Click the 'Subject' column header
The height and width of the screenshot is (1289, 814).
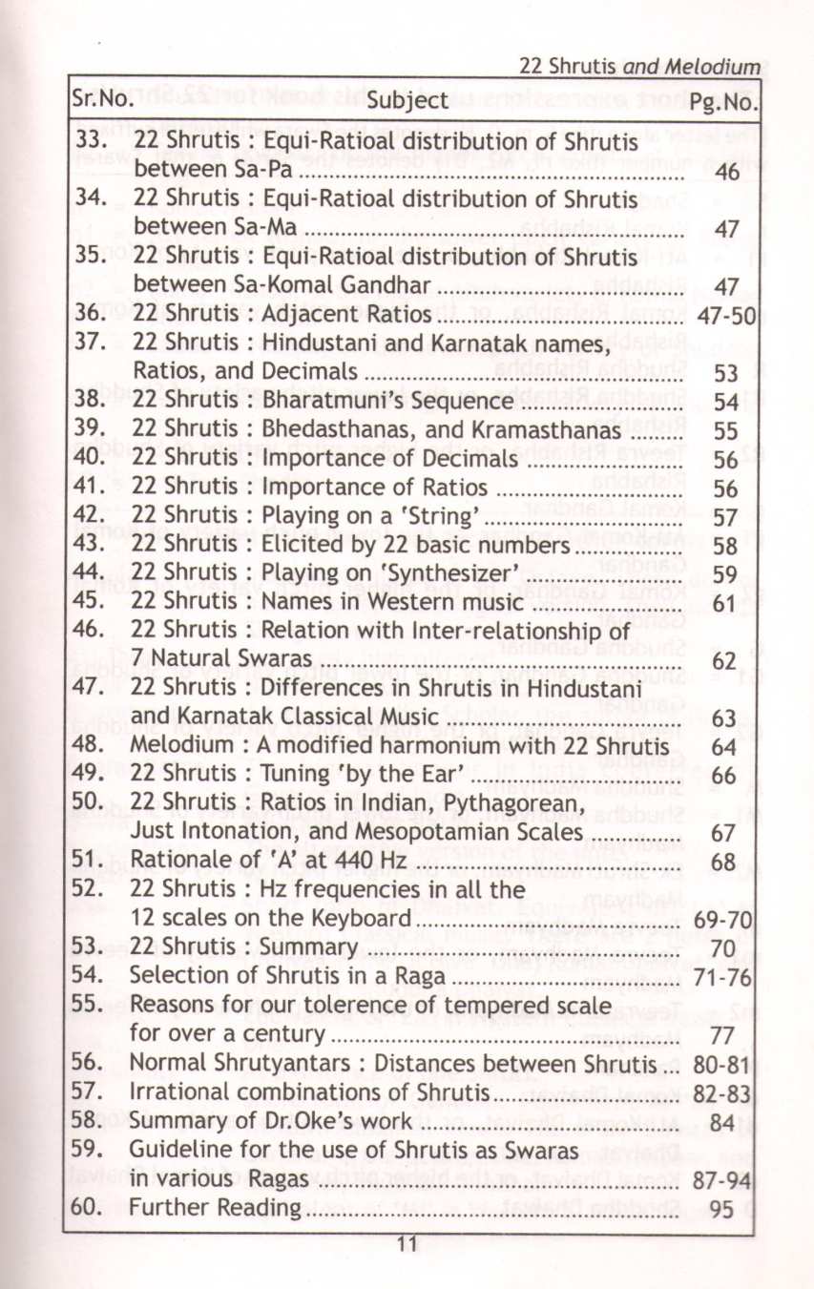(x=407, y=100)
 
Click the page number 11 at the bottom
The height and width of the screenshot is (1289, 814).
(x=406, y=1244)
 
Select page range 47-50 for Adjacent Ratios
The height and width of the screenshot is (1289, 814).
(x=727, y=314)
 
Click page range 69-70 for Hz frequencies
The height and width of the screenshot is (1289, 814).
(x=727, y=921)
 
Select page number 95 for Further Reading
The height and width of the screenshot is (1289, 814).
(x=722, y=1210)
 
